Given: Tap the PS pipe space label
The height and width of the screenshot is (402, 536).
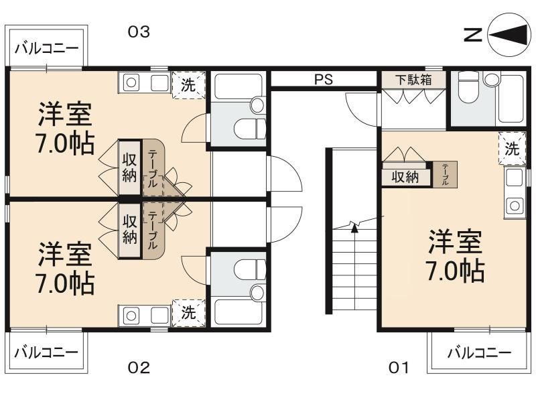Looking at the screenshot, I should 324,79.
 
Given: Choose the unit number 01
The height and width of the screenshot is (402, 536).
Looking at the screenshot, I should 399,367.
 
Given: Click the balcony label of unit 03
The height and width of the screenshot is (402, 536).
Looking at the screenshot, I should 46,49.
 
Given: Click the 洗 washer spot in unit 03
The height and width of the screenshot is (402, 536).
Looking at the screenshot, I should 189,84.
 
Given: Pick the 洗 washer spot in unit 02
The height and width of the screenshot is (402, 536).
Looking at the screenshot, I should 189,312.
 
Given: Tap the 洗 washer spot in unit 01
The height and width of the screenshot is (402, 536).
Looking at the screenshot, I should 512,148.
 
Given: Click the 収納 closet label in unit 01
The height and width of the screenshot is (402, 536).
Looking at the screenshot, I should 405,177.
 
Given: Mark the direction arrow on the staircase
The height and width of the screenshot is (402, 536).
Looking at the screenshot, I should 353,226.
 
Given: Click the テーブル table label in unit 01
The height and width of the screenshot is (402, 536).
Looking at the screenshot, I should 444,174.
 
